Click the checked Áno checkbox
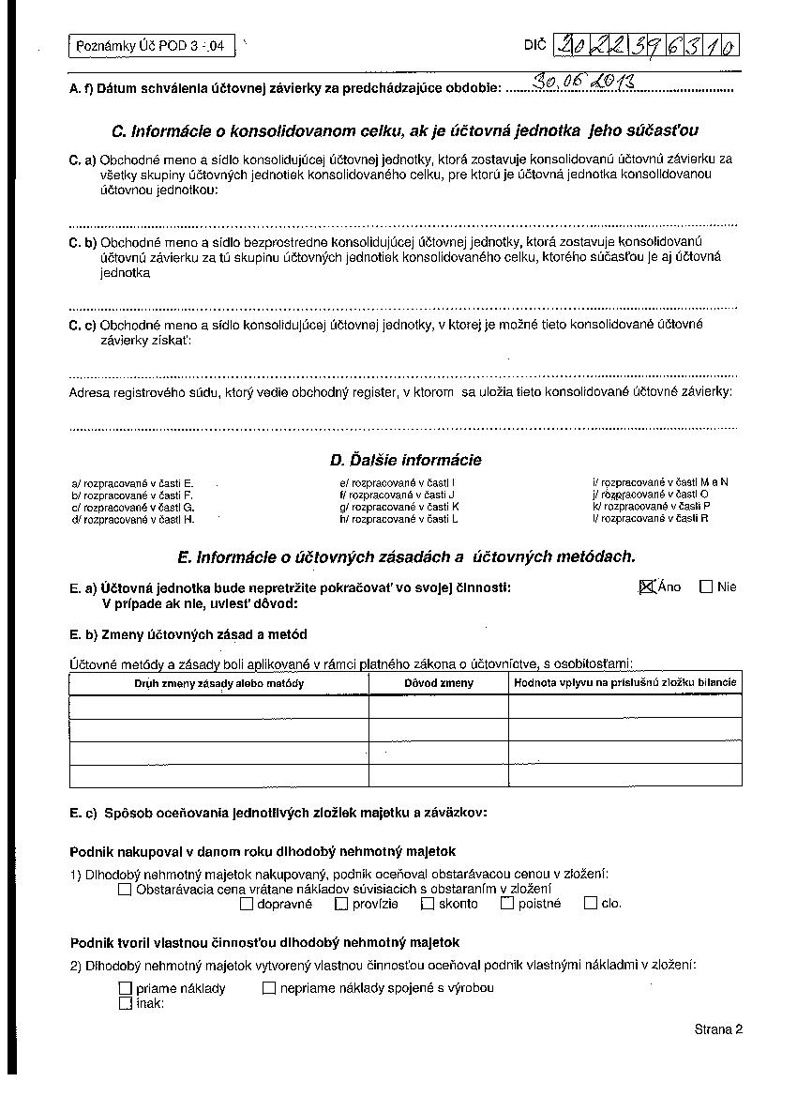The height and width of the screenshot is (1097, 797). point(646,587)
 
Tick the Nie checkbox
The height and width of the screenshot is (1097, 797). point(706,587)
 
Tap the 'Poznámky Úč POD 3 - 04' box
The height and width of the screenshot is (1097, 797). point(150,46)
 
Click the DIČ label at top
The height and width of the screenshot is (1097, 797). point(534,45)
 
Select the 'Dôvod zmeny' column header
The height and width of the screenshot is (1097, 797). point(439,683)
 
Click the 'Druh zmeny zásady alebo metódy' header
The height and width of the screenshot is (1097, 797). point(219,683)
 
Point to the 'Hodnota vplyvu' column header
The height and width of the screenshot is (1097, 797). point(625,682)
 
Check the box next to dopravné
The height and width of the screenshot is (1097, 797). point(247,905)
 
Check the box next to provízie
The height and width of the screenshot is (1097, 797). point(341,905)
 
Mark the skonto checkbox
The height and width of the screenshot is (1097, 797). point(428,904)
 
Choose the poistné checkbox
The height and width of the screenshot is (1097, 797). point(507,904)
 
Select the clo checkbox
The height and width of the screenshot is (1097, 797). point(590,904)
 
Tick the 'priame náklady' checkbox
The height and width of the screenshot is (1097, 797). point(125,988)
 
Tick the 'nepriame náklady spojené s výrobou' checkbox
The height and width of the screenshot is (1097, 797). point(269,988)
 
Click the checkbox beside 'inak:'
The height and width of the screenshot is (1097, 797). point(125,1003)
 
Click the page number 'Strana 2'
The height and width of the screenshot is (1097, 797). point(718,1029)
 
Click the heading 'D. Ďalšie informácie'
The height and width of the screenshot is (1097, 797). point(405,460)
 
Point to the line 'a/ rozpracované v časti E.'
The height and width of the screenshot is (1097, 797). point(132,482)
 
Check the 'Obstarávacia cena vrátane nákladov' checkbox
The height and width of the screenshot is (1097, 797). point(125,890)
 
